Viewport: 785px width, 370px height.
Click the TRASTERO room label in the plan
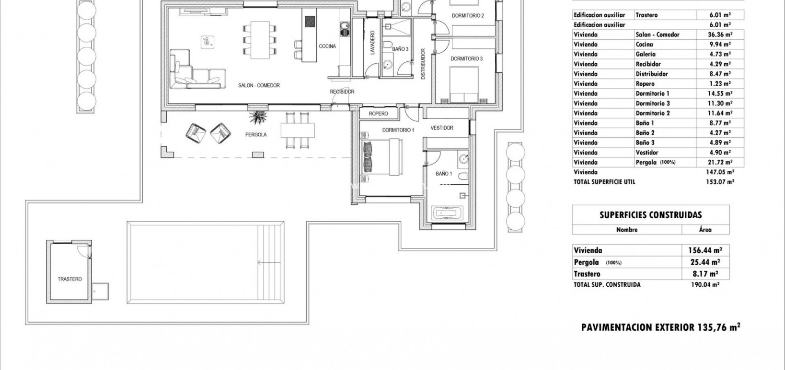(x=69, y=279)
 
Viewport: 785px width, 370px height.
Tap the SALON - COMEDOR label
(x=259, y=86)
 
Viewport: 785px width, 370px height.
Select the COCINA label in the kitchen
(x=327, y=46)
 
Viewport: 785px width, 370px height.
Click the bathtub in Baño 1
(x=448, y=212)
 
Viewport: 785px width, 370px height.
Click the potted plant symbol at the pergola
(x=258, y=116)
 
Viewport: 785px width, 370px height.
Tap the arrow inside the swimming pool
(x=264, y=262)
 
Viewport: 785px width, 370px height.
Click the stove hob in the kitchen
(x=310, y=22)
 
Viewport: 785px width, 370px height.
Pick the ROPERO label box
(x=378, y=114)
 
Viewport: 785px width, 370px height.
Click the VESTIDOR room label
(x=442, y=128)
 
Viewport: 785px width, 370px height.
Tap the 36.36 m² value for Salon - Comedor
(x=720, y=34)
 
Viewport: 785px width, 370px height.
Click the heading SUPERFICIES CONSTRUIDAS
(x=650, y=215)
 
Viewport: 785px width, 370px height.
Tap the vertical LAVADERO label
(x=372, y=44)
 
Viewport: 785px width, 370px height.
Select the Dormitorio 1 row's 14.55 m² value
(x=720, y=94)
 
